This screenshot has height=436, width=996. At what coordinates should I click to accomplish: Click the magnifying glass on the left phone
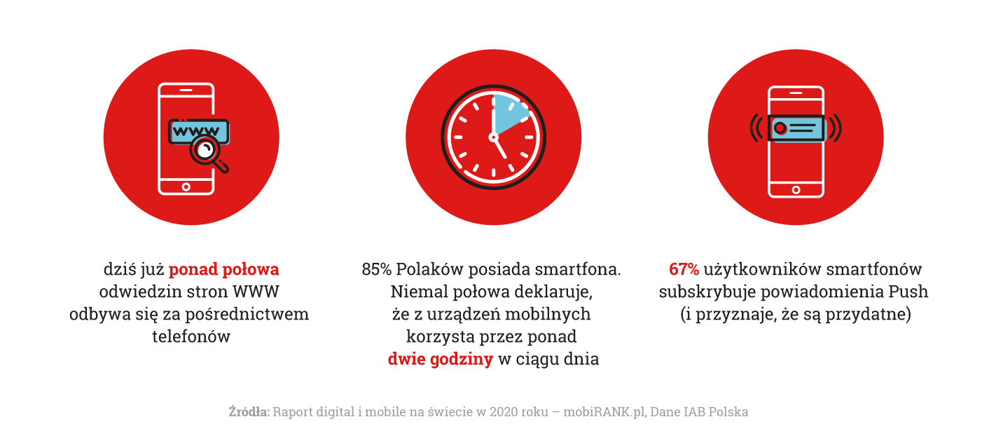click(x=206, y=151)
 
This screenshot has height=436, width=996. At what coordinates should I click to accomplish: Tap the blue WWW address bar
click(x=200, y=130)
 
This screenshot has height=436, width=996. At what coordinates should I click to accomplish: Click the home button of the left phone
click(x=186, y=186)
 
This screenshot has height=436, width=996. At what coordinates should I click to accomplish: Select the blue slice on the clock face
click(x=509, y=114)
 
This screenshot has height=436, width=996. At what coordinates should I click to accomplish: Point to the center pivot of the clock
click(x=494, y=137)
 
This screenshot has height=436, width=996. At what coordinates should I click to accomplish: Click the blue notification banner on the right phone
click(x=796, y=128)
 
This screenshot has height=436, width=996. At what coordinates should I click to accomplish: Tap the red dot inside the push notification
click(x=780, y=128)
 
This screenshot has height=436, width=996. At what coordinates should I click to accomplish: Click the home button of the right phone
click(x=796, y=189)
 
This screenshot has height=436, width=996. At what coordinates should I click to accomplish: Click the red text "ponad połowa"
click(x=224, y=269)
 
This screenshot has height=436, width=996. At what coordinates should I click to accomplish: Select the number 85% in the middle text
click(x=376, y=269)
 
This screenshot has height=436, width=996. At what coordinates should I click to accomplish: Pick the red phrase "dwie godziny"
click(x=441, y=360)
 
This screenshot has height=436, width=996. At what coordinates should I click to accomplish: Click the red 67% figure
click(x=684, y=269)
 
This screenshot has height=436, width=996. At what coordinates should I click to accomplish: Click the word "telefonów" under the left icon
click(x=191, y=336)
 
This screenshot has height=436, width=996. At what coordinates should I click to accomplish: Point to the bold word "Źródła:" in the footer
click(x=249, y=412)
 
